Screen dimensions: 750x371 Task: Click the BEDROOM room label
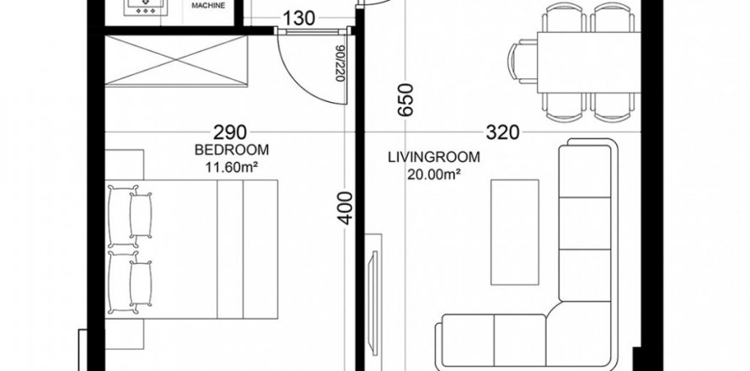(x=232, y=150)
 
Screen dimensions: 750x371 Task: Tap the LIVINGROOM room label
(x=434, y=157)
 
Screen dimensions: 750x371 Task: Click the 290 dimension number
(x=230, y=132)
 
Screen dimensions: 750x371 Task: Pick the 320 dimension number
(x=502, y=132)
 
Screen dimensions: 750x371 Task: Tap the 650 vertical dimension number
(x=405, y=100)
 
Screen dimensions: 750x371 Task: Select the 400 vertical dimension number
(x=345, y=208)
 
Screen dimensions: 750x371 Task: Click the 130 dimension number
(x=299, y=19)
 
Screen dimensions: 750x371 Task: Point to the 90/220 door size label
(x=340, y=64)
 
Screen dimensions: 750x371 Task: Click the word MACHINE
(x=208, y=6)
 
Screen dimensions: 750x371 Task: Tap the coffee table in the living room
(x=515, y=232)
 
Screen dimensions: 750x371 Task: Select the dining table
(x=589, y=62)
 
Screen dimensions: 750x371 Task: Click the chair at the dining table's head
(x=522, y=62)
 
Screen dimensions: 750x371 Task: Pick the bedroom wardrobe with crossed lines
(x=176, y=61)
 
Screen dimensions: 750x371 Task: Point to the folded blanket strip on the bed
(x=230, y=250)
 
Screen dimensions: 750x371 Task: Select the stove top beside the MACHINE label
(x=146, y=8)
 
